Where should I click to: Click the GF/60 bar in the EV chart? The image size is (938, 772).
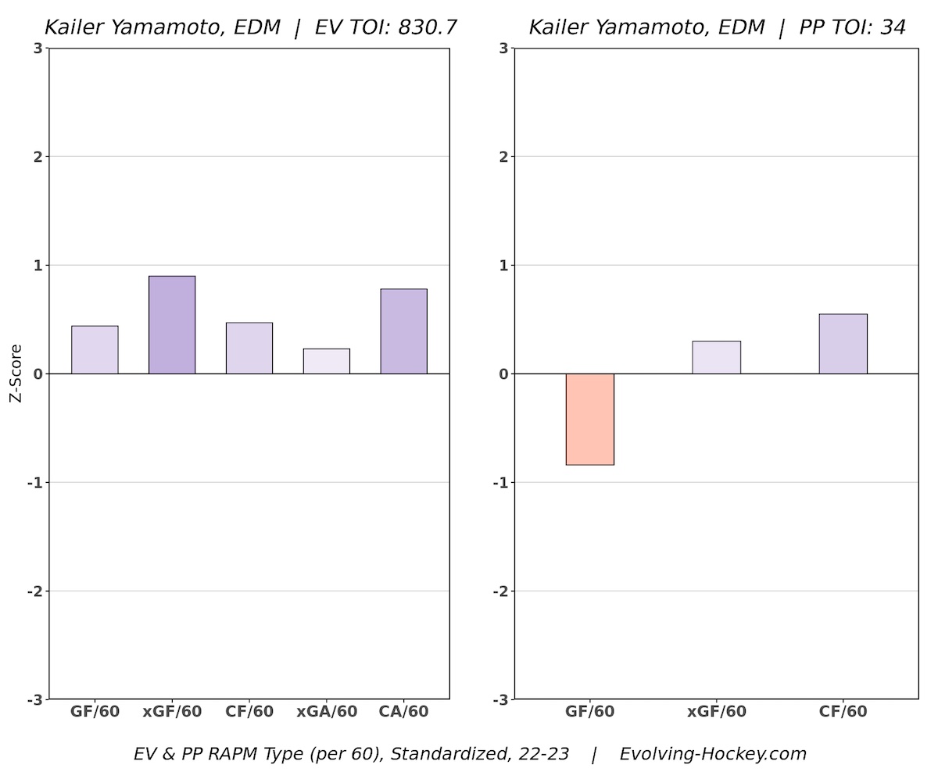point(95,350)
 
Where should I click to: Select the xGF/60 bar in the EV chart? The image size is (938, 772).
point(172,325)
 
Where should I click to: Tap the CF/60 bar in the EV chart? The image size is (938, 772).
point(249,348)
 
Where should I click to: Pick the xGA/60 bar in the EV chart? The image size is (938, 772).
point(327,361)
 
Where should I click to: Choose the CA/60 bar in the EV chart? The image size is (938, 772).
point(403,331)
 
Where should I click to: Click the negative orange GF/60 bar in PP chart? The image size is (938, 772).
point(590,419)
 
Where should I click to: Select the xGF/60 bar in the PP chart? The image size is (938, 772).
point(716,358)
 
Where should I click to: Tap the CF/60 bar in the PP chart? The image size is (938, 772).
point(843,344)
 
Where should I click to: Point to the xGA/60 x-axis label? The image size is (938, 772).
point(327,712)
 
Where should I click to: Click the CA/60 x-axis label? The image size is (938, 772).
point(403,712)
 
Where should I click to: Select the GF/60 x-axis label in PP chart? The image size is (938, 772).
point(590,712)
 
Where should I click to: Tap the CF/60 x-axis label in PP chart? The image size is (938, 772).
point(843,712)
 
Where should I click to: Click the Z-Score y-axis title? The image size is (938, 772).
point(15,373)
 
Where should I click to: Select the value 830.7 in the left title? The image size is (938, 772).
point(428,27)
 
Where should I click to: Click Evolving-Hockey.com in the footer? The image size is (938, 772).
point(712,754)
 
